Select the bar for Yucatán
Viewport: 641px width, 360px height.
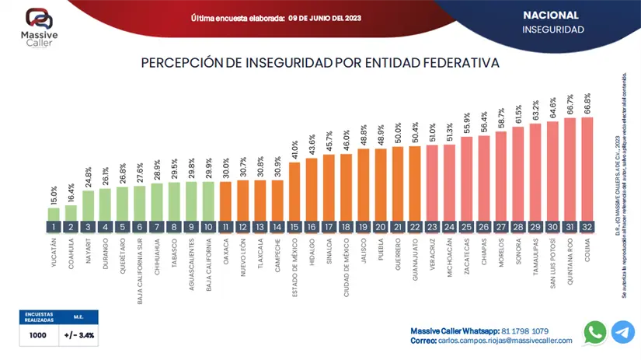click(54, 214)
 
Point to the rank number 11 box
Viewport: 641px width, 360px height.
click(225, 227)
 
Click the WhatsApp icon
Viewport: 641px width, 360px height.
click(595, 332)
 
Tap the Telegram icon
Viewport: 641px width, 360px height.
click(622, 332)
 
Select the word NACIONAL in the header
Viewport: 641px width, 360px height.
click(550, 15)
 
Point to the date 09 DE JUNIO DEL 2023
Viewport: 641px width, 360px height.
click(324, 17)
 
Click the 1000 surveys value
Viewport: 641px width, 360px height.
click(37, 336)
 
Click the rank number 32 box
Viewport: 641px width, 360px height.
click(587, 227)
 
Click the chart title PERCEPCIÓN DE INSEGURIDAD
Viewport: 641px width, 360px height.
click(319, 62)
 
